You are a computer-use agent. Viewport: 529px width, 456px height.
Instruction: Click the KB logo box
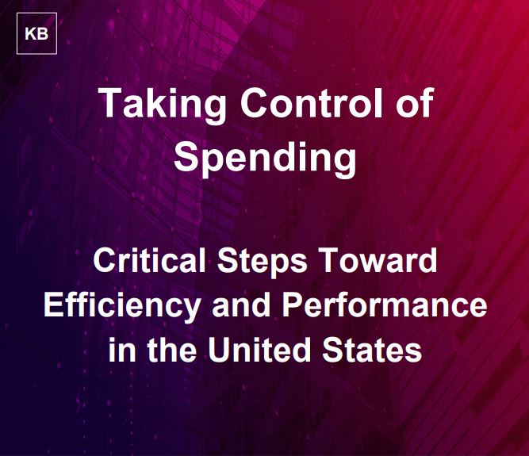pyautogui.click(x=36, y=33)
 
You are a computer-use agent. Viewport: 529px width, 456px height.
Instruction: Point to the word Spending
pyautogui.click(x=265, y=158)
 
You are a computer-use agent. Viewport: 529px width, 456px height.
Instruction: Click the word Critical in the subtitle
pyautogui.click(x=149, y=260)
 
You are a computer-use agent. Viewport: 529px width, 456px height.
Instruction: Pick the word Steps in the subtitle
pyautogui.click(x=263, y=262)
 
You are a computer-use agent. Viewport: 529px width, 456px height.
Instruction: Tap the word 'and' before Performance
pyautogui.click(x=242, y=305)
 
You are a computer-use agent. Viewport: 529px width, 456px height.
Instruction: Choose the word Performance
pyautogui.click(x=385, y=305)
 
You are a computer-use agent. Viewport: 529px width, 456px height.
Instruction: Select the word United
pyautogui.click(x=259, y=349)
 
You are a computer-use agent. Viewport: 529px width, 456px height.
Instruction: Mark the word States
pyautogui.click(x=372, y=349)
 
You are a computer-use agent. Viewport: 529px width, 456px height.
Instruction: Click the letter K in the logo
pyautogui.click(x=30, y=34)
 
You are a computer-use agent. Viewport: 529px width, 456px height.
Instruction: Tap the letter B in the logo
pyautogui.click(x=43, y=34)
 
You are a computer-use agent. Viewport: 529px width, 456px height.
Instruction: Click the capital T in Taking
pyautogui.click(x=112, y=102)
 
